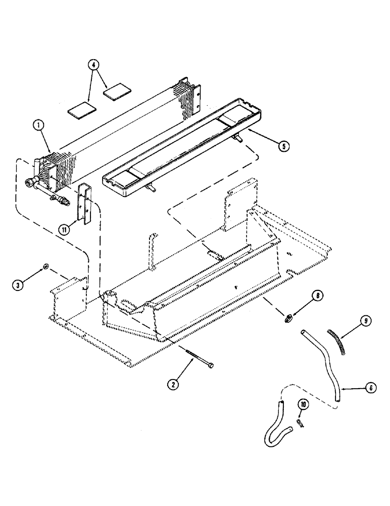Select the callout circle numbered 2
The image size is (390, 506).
[x=173, y=385]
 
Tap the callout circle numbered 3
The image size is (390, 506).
[x=19, y=285]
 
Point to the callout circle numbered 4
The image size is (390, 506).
[x=93, y=65]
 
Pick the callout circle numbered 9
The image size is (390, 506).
[x=366, y=320]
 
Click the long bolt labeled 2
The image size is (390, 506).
[x=196, y=359]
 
